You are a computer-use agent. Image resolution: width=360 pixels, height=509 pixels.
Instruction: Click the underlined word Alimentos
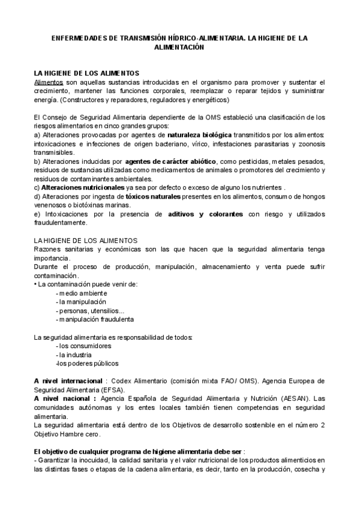click(49, 82)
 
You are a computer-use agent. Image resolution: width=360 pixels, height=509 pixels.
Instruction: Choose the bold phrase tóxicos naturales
click(153, 196)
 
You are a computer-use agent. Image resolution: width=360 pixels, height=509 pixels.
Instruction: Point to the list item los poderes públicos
click(88, 363)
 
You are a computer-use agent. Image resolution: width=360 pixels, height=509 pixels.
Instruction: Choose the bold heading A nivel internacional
click(68, 381)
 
